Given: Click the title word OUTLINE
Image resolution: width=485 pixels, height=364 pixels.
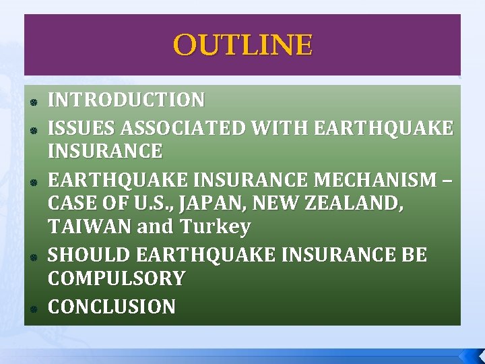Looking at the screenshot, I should point(243,46).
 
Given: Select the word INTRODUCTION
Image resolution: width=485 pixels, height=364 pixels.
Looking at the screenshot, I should point(126,100).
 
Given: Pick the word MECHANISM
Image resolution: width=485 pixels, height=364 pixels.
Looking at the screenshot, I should point(381,180).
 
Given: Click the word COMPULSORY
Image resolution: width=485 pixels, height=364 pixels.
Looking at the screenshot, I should point(116,278).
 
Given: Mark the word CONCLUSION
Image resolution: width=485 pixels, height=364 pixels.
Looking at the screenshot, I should point(112,307).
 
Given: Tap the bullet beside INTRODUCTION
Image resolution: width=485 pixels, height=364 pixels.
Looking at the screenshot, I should point(32,102).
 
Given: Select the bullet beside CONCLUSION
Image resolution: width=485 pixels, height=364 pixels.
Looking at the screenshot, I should point(32,309).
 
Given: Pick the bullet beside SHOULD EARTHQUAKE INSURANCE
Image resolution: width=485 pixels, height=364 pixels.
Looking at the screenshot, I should point(32,257).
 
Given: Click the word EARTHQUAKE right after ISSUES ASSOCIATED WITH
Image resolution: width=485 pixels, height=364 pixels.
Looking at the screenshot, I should point(383,127).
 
